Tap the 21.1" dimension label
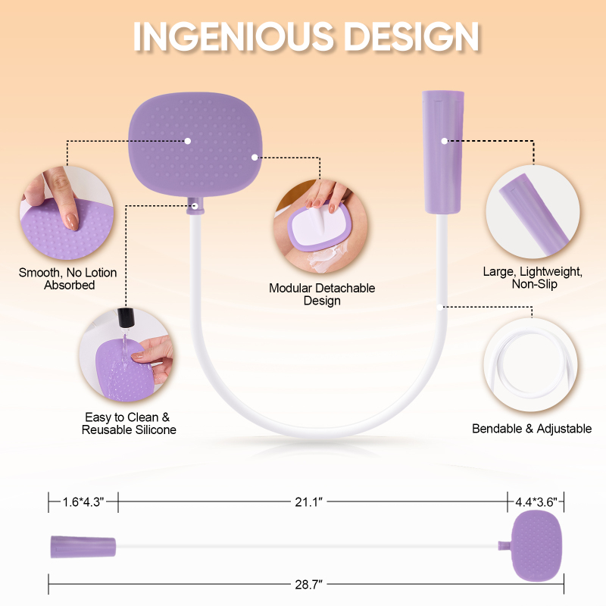click(308, 501)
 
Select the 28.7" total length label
click(308, 584)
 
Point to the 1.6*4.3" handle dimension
click(83, 502)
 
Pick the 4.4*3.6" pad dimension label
click(536, 501)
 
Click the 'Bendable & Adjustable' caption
click(532, 428)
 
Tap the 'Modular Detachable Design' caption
click(322, 294)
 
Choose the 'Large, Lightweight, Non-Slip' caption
click(533, 277)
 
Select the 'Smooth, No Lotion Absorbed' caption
click(67, 279)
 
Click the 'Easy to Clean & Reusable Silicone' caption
click(129, 423)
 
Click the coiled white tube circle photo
click(531, 365)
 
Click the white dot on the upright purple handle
click(445, 141)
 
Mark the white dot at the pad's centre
click(187, 141)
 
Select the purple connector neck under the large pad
click(195, 205)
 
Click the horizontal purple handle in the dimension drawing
click(83, 547)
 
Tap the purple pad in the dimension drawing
click(536, 545)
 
